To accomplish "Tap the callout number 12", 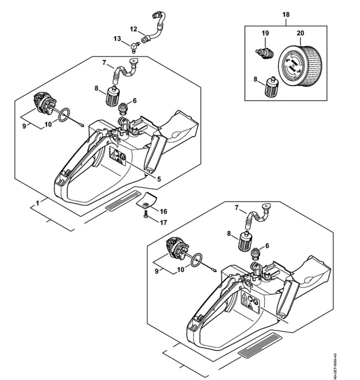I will pos(133,30).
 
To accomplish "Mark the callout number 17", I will pos(164,222).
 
